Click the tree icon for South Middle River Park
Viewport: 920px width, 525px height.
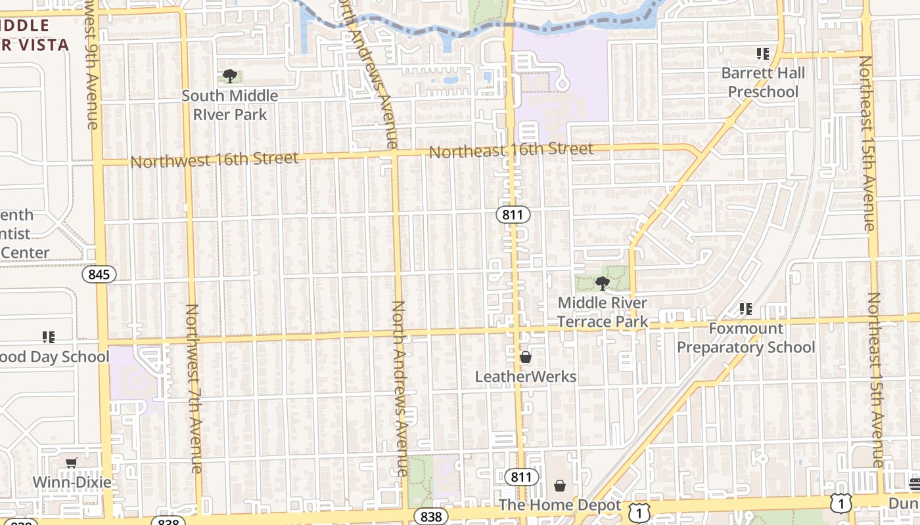[229, 76]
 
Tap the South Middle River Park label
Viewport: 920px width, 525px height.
[229, 105]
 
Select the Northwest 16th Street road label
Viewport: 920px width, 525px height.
[214, 159]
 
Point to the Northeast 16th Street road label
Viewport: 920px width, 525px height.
[511, 150]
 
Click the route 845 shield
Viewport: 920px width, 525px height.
[99, 274]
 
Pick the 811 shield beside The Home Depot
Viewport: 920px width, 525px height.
[522, 477]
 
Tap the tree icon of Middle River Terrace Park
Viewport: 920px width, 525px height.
[601, 283]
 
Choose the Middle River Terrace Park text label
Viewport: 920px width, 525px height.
[603, 312]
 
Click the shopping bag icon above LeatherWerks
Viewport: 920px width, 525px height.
[526, 357]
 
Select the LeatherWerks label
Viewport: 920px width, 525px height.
[526, 377]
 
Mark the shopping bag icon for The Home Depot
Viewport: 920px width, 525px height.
[560, 486]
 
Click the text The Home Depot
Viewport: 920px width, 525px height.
[560, 505]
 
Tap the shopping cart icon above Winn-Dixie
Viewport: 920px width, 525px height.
[72, 463]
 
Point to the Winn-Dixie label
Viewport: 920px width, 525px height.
[72, 483]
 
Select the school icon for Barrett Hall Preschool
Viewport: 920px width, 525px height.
[763, 53]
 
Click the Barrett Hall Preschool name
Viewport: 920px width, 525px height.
[763, 82]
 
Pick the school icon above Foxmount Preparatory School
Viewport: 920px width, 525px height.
[746, 308]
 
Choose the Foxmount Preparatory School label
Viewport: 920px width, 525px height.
[746, 337]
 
